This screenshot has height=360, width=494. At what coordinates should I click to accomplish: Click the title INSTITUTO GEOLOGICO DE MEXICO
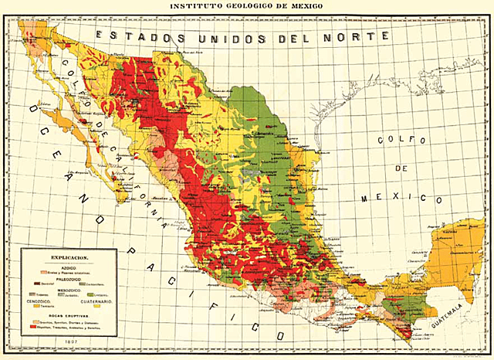pos(247,7)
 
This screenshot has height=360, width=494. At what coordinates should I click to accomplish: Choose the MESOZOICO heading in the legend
pos(70,290)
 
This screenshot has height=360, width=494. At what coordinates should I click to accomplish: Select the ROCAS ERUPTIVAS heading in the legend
pos(70,316)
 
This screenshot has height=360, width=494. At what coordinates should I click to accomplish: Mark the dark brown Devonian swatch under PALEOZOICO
pos(37,283)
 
